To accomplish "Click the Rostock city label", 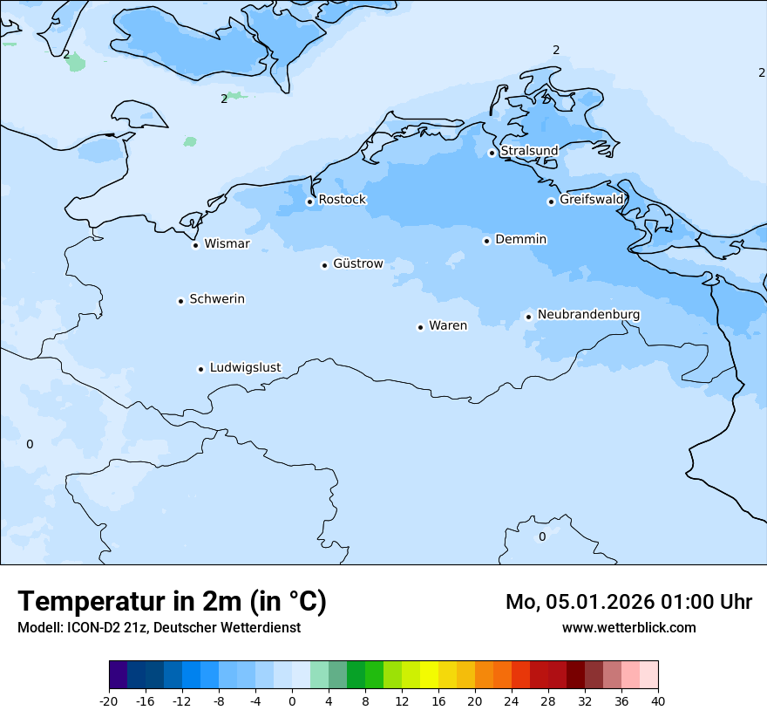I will click(x=342, y=200).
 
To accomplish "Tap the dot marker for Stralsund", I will click(x=492, y=153).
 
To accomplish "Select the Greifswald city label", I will click(x=591, y=200).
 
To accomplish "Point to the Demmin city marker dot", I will click(x=486, y=241).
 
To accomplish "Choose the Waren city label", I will click(x=447, y=326).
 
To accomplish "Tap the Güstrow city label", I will click(x=357, y=263).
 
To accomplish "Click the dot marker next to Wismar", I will click(x=195, y=245).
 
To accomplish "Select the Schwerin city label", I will click(x=217, y=299).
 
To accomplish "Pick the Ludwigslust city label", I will click(x=245, y=368).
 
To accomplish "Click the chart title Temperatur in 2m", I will click(x=172, y=601).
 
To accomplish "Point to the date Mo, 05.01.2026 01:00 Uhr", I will click(x=628, y=602).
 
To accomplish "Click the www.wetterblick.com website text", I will click(x=628, y=627).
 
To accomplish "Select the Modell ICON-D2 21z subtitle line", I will click(x=159, y=627).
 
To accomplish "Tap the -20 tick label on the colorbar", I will click(x=109, y=700).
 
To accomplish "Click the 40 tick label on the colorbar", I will click(x=658, y=700).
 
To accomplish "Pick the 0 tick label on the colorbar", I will click(x=292, y=700).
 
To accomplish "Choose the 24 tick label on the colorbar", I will click(x=512, y=700).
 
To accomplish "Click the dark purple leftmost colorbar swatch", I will click(x=119, y=675).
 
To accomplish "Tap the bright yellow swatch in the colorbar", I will click(x=429, y=675).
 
